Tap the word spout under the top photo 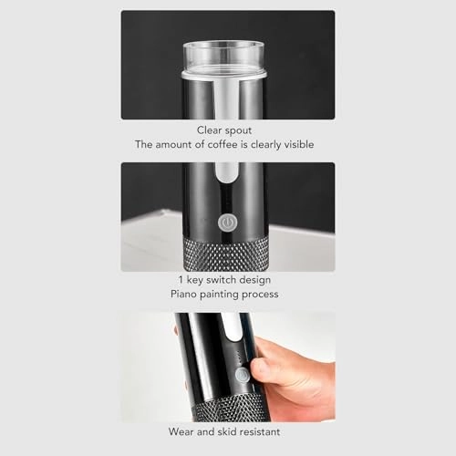[x=244, y=130]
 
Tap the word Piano [x=186, y=295]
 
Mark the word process [x=268, y=295]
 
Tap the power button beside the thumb [x=242, y=375]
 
